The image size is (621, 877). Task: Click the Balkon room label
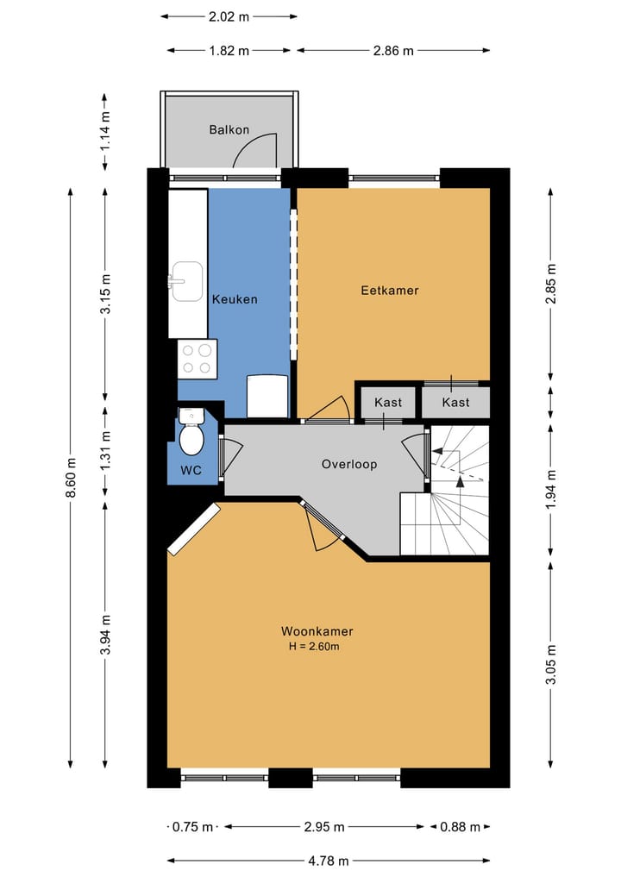click(x=229, y=129)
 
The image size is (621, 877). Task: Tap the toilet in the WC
click(x=191, y=431)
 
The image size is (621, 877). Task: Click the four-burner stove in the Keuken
click(x=197, y=359)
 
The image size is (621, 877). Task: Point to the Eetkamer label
click(x=389, y=291)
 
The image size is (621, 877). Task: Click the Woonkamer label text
click(x=317, y=631)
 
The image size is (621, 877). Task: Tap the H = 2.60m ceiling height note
click(x=314, y=647)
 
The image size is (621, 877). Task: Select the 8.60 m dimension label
click(x=71, y=477)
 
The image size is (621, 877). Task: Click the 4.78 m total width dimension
click(x=329, y=861)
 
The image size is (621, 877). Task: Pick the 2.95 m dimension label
click(x=324, y=827)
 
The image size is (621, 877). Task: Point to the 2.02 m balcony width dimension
click(x=229, y=16)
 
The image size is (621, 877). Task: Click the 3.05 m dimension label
click(x=551, y=665)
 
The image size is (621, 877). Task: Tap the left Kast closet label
click(x=388, y=402)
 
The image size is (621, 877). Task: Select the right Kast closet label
click(x=455, y=402)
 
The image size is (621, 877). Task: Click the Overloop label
click(x=349, y=464)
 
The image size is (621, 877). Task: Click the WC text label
click(x=191, y=470)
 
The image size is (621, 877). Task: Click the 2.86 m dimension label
click(x=393, y=51)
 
